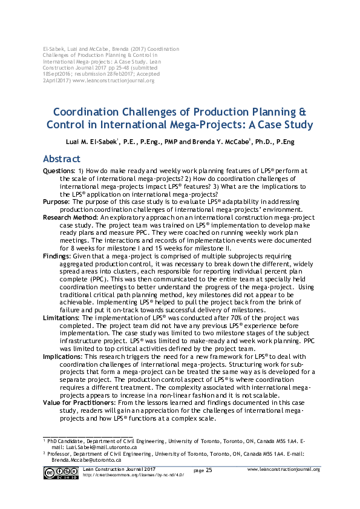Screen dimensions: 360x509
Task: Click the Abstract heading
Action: pyautogui.click(x=61, y=159)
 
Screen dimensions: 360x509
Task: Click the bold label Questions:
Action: pyautogui.click(x=59, y=171)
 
